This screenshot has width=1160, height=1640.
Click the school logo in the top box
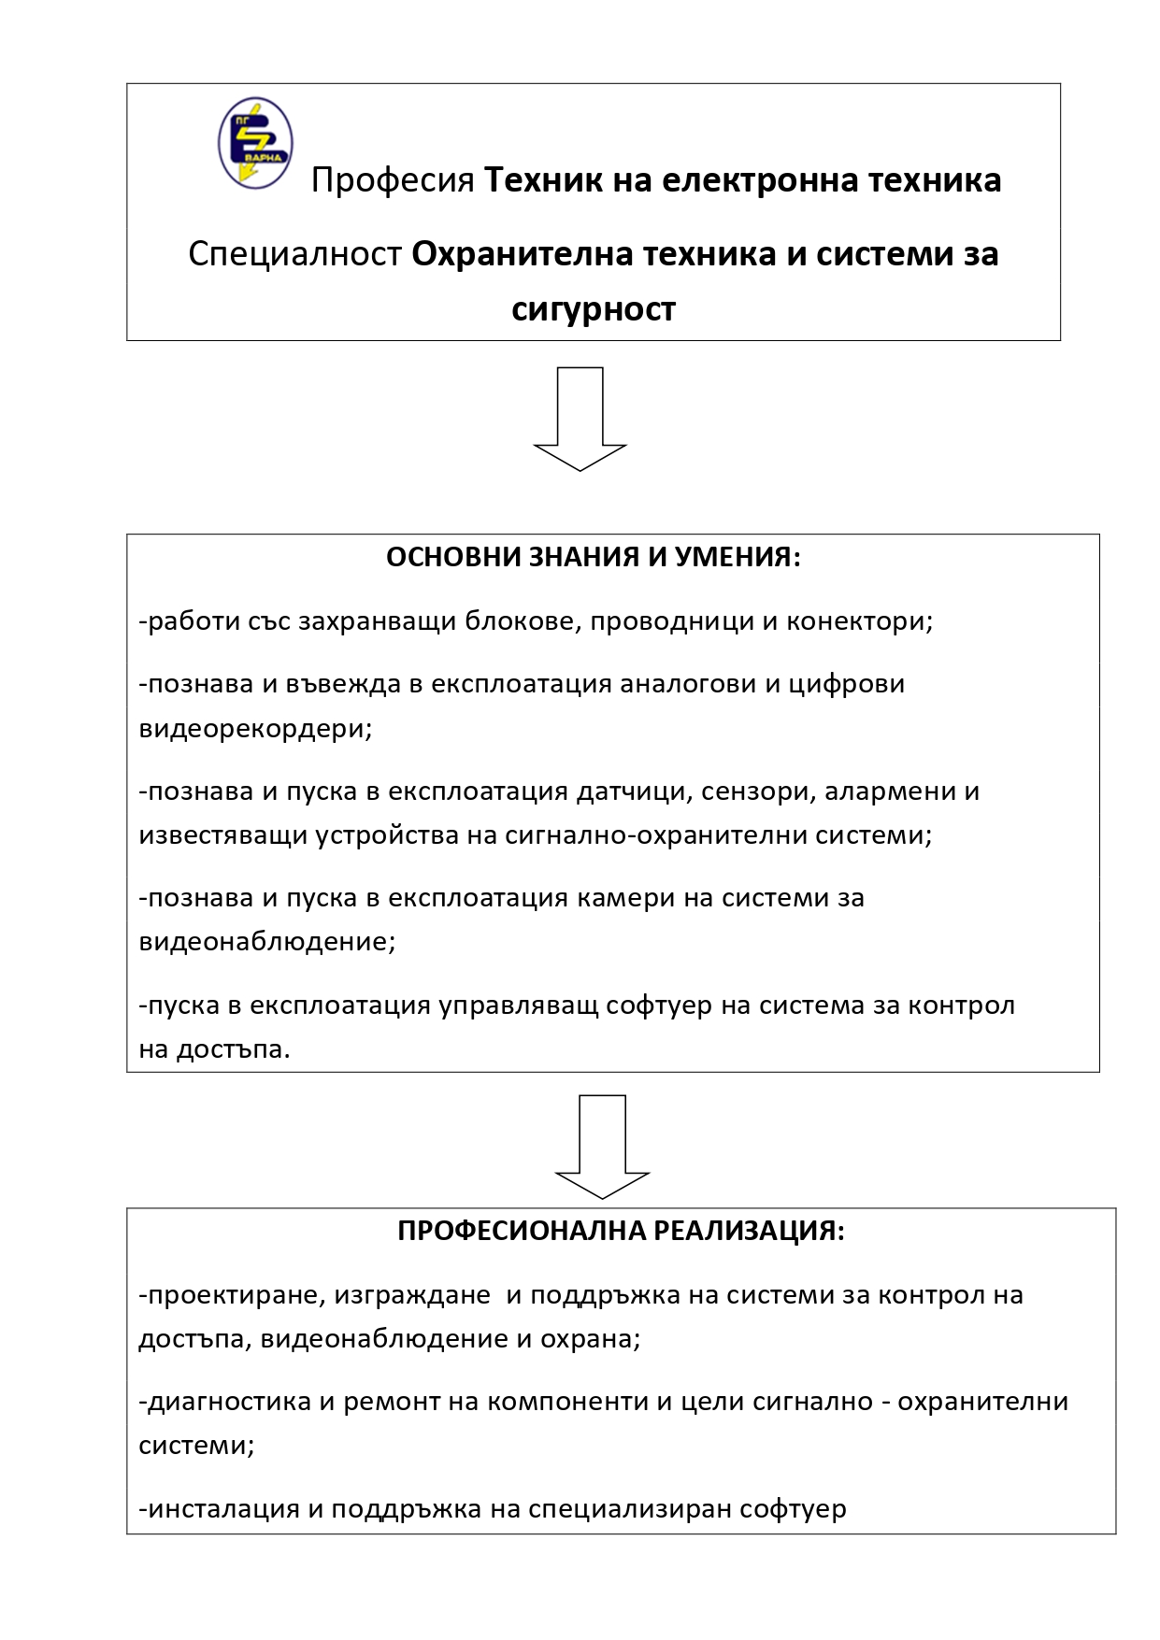click(255, 142)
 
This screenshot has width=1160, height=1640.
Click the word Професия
click(393, 179)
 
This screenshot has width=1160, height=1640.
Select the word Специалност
click(294, 254)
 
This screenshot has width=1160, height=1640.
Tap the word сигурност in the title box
click(593, 308)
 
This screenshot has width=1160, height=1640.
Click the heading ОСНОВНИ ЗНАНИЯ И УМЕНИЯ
click(593, 558)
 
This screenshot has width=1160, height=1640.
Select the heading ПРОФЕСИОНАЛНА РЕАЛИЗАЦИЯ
click(621, 1231)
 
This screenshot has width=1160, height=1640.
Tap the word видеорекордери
click(255, 728)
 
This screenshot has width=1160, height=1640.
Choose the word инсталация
click(223, 1508)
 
